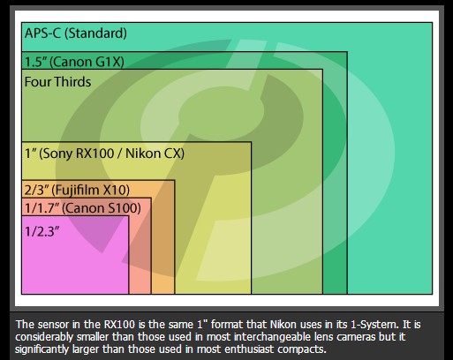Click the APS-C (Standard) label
(76, 33)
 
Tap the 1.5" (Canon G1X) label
(74, 62)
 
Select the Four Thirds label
(57, 81)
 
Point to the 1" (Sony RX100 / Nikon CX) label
(104, 154)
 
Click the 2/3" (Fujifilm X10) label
(77, 190)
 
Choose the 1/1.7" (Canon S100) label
(82, 208)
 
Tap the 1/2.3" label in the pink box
(42, 231)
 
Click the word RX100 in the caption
(119, 325)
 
